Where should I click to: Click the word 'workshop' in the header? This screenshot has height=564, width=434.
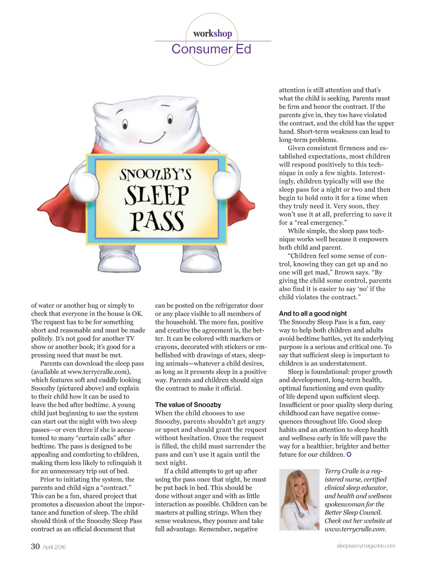[x=212, y=34]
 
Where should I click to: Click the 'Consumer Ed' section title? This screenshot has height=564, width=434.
[x=211, y=49]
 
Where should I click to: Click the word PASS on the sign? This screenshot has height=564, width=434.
[x=157, y=221]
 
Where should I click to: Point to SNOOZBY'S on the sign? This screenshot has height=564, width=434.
[x=155, y=174]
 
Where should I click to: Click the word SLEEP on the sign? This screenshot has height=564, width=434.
[x=156, y=196]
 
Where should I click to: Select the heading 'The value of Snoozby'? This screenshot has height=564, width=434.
[x=188, y=405]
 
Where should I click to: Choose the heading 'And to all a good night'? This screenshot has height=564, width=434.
[x=313, y=313]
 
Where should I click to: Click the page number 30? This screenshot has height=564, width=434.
[x=35, y=546]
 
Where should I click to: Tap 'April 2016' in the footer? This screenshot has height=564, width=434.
[x=54, y=547]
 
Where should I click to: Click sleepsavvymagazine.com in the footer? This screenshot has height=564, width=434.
[x=365, y=546]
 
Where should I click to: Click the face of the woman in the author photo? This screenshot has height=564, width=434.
[x=297, y=487]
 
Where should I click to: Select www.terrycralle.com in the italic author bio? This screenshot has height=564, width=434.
[x=355, y=529]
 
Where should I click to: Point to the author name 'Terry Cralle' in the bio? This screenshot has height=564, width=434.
[x=342, y=471]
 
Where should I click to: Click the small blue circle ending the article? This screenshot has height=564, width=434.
[x=349, y=455]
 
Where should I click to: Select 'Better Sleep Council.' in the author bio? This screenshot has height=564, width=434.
[x=353, y=512]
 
